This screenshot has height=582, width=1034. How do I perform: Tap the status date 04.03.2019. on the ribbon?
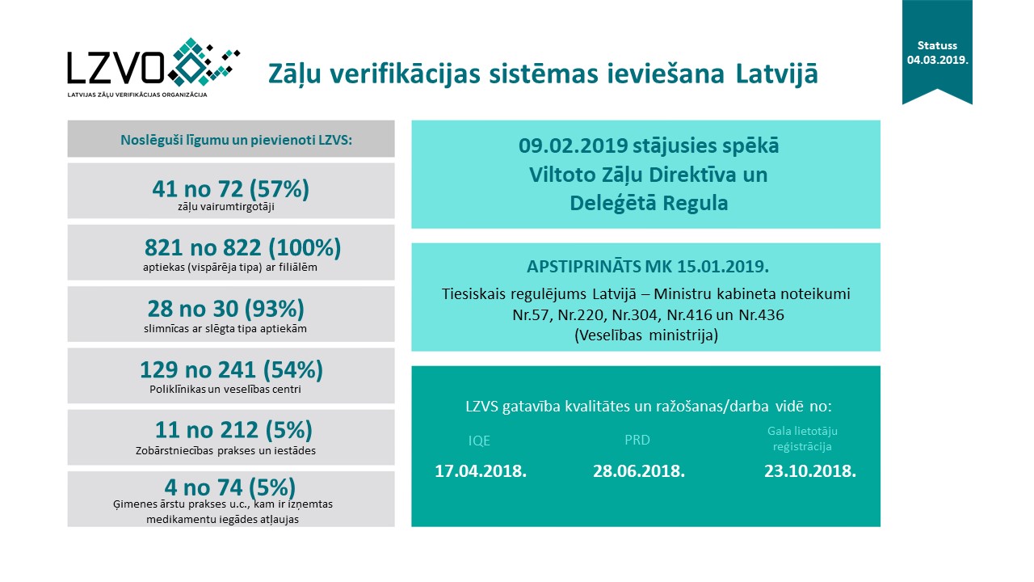coord(937,61)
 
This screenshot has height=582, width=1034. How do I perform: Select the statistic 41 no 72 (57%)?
coord(231,189)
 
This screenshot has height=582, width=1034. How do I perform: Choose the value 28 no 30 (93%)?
coord(225,309)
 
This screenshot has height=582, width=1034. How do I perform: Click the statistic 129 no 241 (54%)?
coord(231,370)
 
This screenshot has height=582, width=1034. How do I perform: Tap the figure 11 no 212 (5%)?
coord(233,430)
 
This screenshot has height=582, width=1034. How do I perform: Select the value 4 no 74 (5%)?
coord(230,487)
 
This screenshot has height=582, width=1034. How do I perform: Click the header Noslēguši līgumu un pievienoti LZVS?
coord(231,138)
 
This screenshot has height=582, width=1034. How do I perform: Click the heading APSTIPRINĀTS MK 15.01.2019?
coord(645,268)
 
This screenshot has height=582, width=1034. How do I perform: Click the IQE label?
coord(479,441)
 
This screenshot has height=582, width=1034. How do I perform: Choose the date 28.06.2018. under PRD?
coord(638,471)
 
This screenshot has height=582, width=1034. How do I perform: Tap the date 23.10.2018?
coord(810,471)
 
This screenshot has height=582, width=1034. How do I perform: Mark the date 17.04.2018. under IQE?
coord(481,471)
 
